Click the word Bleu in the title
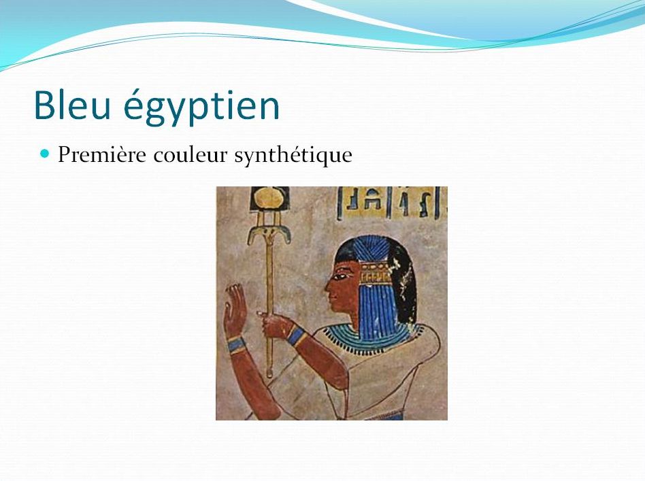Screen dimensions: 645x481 [72, 105]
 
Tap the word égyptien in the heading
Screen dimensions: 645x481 [201, 107]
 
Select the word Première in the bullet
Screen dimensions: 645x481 [102, 154]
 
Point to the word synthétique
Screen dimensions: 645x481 [293, 156]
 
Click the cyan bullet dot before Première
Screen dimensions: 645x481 [45, 154]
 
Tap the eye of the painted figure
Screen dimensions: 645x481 [340, 276]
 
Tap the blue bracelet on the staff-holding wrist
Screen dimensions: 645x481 [297, 335]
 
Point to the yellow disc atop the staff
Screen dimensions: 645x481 [270, 199]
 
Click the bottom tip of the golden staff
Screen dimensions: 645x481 [269, 374]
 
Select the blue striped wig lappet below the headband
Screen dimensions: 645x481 [376, 314]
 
